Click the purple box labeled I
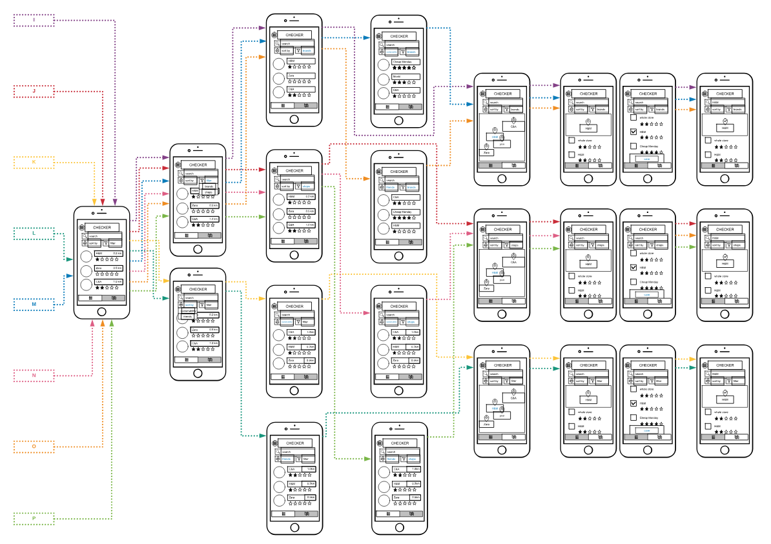pos(34,21)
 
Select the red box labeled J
pos(34,92)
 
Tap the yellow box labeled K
pos(34,162)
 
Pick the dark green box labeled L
pos(34,232)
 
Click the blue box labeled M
pos(34,303)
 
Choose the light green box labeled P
pos(34,518)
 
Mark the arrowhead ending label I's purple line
pos(114,203)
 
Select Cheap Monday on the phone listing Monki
pos(406,62)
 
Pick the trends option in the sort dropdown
pos(187,316)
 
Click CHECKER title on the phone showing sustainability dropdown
pos(198,289)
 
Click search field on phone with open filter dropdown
pos(200,174)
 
